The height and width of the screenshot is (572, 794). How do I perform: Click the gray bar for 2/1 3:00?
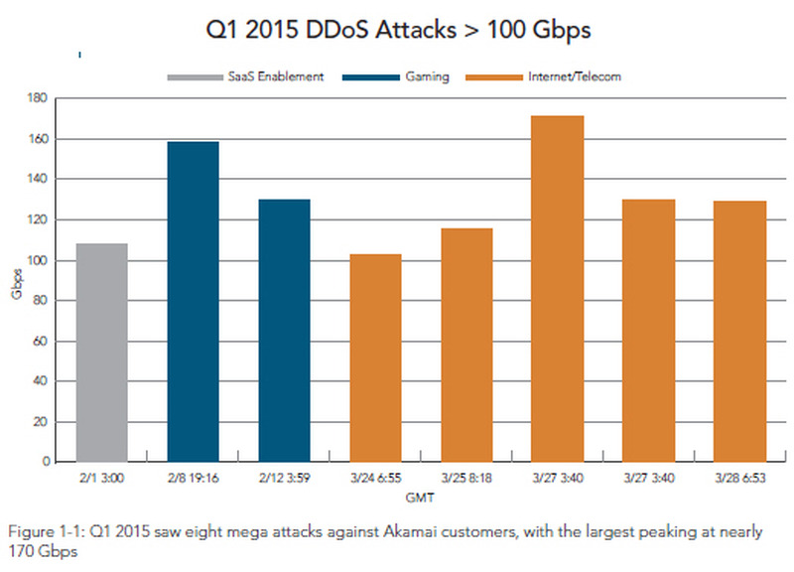pyautogui.click(x=101, y=353)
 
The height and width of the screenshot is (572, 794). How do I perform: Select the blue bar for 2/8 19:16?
pyautogui.click(x=194, y=302)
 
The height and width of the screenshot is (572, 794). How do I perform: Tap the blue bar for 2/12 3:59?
pyautogui.click(x=285, y=331)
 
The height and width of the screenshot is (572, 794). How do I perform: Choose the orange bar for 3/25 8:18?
pyautogui.click(x=467, y=345)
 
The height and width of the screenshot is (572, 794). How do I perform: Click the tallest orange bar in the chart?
pyautogui.click(x=559, y=289)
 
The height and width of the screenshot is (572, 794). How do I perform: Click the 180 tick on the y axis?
pyautogui.click(x=40, y=98)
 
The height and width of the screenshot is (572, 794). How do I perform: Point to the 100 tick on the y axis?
pyautogui.click(x=40, y=260)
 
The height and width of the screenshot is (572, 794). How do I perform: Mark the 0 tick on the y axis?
pyautogui.click(x=46, y=462)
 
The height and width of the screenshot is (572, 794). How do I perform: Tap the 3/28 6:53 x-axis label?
pyautogui.click(x=741, y=480)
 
